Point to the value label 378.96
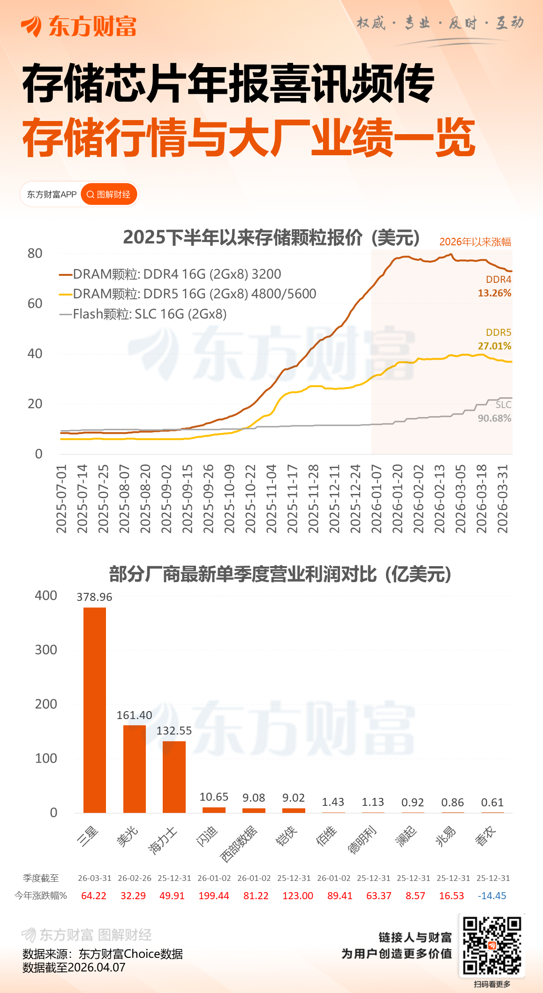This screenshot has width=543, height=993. [94, 597]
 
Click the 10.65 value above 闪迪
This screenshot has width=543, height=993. [214, 797]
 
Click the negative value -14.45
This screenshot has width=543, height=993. [492, 896]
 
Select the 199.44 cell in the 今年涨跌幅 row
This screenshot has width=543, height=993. [214, 896]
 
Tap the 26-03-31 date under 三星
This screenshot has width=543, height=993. [95, 878]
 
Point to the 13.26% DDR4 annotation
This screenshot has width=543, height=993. [494, 293]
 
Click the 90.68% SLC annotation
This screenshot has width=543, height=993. [494, 418]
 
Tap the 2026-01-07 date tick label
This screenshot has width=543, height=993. [377, 499]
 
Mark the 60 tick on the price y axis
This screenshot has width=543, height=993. [35, 303]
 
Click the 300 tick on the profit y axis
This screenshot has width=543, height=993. [46, 650]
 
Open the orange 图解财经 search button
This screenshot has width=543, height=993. [109, 194]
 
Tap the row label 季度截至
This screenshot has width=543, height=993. [41, 878]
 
